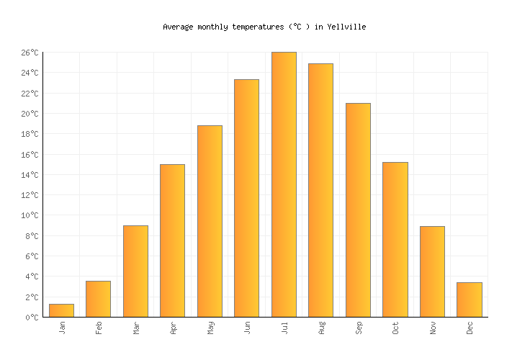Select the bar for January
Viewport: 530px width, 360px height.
coord(61,310)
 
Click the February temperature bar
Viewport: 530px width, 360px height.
coord(98,299)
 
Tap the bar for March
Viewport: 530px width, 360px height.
coord(135,271)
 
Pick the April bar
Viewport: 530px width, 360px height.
coord(172,240)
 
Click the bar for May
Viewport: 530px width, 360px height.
coord(210,221)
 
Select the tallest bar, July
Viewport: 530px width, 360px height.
coord(284,184)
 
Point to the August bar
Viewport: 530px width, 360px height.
coord(320,190)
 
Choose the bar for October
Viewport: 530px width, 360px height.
coord(395,239)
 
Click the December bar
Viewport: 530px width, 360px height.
coord(469,300)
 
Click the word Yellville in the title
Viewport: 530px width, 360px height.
coord(346,27)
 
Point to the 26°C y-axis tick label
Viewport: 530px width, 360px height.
coord(30,53)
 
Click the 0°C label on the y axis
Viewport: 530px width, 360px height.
coord(32,318)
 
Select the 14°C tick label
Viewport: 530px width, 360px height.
coord(30,175)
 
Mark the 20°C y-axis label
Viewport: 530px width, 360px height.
coord(30,114)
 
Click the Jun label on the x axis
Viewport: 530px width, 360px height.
coord(247,328)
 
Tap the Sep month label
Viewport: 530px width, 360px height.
coord(358,328)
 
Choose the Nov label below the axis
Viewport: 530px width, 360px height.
coord(432,328)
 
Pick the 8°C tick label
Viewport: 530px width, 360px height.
coord(32,236)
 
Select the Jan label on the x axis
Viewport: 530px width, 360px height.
coord(62,328)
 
